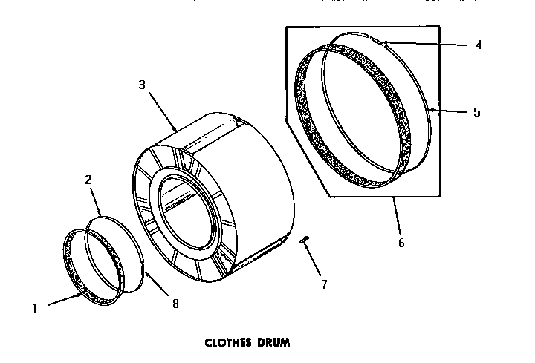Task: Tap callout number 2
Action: pyautogui.click(x=88, y=180)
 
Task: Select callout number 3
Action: pyautogui.click(x=142, y=85)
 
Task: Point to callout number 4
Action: pyautogui.click(x=479, y=45)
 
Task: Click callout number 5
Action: pyautogui.click(x=476, y=113)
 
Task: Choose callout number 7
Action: pyautogui.click(x=323, y=283)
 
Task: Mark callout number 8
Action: pyautogui.click(x=175, y=303)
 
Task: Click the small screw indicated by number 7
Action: pyautogui.click(x=303, y=239)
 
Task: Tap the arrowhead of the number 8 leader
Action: pyautogui.click(x=144, y=274)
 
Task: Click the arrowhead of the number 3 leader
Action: pyautogui.click(x=175, y=131)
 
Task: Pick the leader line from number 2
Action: pyautogui.click(x=95, y=200)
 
